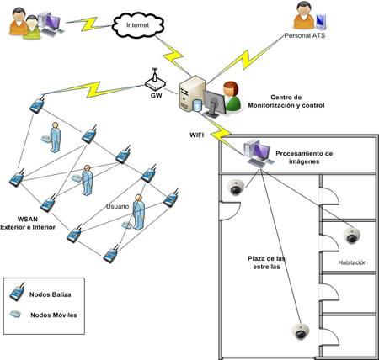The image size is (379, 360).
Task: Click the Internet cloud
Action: pos(138,25)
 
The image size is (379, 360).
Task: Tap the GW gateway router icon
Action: pos(155,81)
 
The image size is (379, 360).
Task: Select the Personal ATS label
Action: pos(305,35)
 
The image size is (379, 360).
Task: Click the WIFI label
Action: pos(196,135)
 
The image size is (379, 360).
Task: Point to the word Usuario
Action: pos(117,206)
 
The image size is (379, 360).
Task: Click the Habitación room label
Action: pos(352,262)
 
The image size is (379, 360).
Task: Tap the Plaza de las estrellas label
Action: pos(266,262)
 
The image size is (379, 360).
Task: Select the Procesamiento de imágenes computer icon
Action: pos(259,154)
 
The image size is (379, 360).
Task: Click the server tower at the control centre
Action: pos(192,93)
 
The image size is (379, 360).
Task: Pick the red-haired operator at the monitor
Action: pos(232,97)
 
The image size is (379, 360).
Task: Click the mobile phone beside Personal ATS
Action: pos(321,22)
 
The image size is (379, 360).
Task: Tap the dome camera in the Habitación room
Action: pos(352,236)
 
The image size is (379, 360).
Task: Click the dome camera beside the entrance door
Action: pos(236,187)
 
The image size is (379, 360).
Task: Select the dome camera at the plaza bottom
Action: pos(300,331)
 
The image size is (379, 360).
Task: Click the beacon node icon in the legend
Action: pos(17,292)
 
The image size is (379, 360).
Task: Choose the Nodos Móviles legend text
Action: pos(54,315)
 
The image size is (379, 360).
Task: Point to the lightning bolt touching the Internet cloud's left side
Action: pos(88,24)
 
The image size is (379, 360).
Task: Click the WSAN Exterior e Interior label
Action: pos(28,223)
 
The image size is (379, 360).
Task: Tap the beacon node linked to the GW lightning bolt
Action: pos(37,104)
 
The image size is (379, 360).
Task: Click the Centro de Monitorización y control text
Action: pos(286,101)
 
